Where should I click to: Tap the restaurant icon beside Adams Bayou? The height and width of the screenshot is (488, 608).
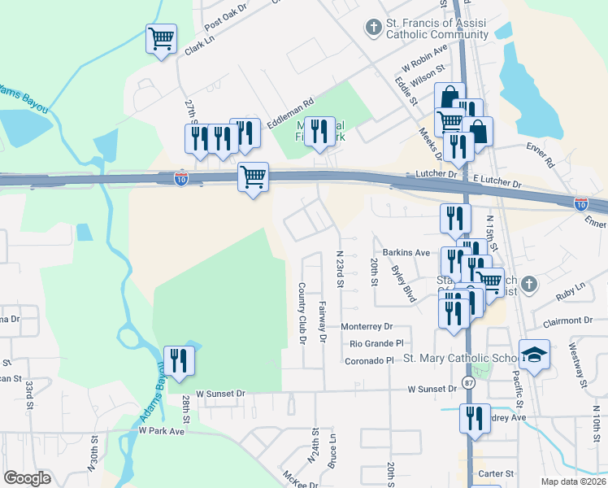click(x=177, y=360)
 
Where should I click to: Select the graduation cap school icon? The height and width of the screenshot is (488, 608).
click(x=534, y=355)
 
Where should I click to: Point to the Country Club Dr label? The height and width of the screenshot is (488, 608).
click(x=301, y=313)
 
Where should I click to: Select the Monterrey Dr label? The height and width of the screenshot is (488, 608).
click(x=367, y=326)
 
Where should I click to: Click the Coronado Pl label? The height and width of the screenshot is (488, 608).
click(x=369, y=360)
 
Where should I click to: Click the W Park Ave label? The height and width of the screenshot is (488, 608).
click(x=162, y=430)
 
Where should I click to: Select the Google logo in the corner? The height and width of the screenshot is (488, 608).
click(x=27, y=478)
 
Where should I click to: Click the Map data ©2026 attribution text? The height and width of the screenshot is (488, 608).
click(x=573, y=481)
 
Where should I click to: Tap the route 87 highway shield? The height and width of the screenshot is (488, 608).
click(x=469, y=381)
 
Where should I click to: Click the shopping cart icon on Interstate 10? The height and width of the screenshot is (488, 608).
click(x=253, y=176)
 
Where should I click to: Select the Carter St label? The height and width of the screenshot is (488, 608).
click(x=497, y=473)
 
